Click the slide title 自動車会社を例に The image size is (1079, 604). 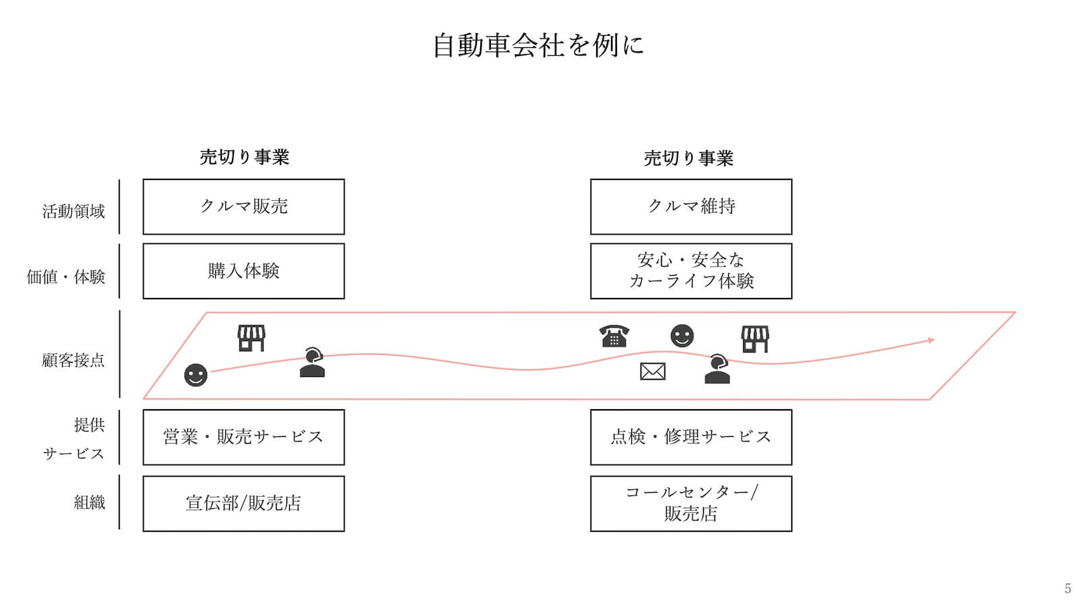coord(538,45)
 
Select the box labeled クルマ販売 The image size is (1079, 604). coord(243,206)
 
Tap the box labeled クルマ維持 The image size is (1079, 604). coord(691,206)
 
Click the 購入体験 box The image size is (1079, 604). coord(243,271)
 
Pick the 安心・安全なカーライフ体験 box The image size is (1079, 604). coord(691,271)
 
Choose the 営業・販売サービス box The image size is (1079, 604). coord(243,437)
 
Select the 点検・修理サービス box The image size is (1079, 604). coord(691,437)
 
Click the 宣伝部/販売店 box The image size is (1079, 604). coord(243,503)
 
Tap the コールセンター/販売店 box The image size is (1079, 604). coord(691,503)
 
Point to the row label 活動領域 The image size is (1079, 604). coord(74,212)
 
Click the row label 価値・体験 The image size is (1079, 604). coord(65,276)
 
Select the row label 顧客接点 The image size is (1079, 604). coord(74,361)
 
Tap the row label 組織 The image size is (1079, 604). coord(89,502)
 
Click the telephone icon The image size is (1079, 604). coord(614,336)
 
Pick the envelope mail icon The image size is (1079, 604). coord(652,371)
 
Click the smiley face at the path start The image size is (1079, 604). coord(196,375)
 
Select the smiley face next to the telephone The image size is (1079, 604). coord(682,336)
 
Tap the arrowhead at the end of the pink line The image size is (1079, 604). coord(931,340)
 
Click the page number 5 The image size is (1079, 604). coord(1067,588)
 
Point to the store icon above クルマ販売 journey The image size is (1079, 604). coord(251,338)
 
